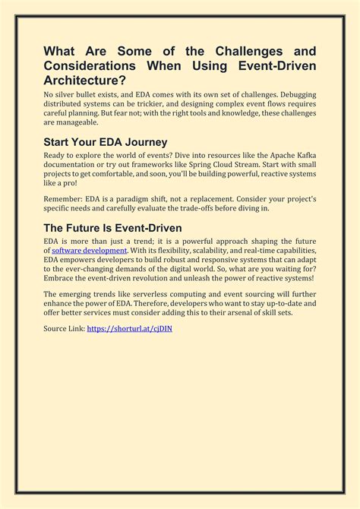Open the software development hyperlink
point(89,250)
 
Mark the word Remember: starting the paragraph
point(65,198)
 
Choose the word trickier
point(166,103)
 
